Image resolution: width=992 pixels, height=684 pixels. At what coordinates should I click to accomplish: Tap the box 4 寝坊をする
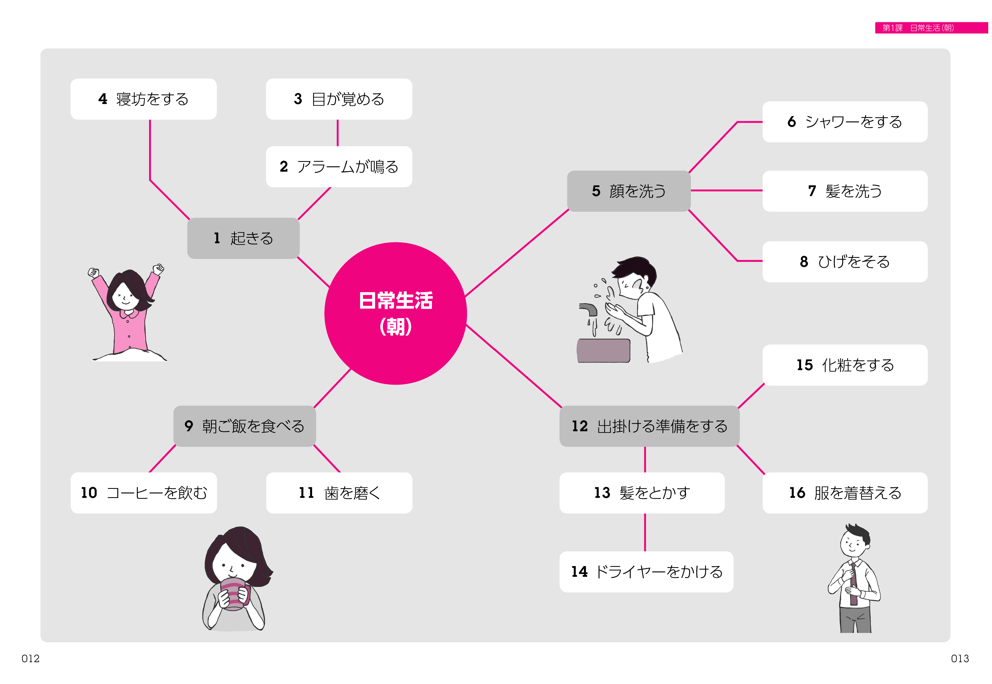tap(144, 99)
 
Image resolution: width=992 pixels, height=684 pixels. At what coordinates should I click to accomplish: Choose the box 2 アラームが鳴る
tap(339, 167)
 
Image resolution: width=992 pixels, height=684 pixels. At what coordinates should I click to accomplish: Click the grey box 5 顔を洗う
tap(628, 191)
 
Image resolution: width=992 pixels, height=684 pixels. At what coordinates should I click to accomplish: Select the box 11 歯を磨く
tap(339, 493)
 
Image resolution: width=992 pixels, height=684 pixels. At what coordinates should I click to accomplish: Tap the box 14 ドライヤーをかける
tap(646, 572)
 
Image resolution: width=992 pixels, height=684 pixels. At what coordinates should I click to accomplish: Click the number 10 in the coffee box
tap(89, 493)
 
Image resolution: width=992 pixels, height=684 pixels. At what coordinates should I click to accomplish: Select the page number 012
tap(31, 659)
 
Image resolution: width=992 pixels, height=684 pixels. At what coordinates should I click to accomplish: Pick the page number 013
tap(960, 659)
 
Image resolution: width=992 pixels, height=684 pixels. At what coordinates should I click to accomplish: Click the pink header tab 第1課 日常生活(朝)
tap(932, 28)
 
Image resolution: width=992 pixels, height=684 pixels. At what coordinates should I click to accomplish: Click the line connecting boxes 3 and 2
tap(338, 133)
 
